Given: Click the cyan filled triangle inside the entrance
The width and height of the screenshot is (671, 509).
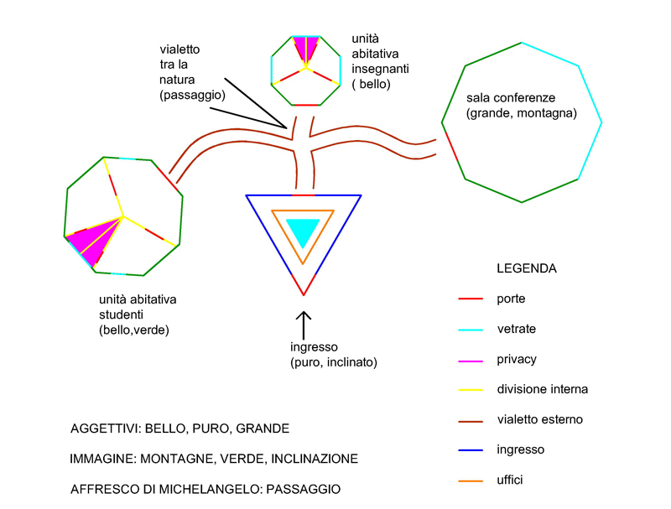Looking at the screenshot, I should pos(303,229).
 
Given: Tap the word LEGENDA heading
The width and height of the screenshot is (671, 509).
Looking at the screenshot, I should pos(527,269).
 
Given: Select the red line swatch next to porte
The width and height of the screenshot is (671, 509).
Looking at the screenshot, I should pos(470,299).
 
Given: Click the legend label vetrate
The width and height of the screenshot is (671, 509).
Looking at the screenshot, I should pos(516,329).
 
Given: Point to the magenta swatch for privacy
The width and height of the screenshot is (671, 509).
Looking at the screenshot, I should pos(470,359).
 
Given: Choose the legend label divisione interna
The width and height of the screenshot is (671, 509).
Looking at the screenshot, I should pos(542,389).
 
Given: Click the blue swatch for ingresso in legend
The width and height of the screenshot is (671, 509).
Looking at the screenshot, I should pos(470,449).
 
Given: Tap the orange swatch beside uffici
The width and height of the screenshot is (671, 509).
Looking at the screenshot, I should pos(470,480).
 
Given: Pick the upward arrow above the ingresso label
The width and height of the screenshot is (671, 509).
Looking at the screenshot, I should pos(304,323).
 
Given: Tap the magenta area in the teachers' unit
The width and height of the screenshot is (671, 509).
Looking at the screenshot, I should pos(306,47).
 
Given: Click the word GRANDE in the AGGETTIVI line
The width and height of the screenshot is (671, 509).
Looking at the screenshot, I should pos(263,428).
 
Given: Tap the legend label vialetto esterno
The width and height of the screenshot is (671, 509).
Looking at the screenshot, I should pos(539,419).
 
